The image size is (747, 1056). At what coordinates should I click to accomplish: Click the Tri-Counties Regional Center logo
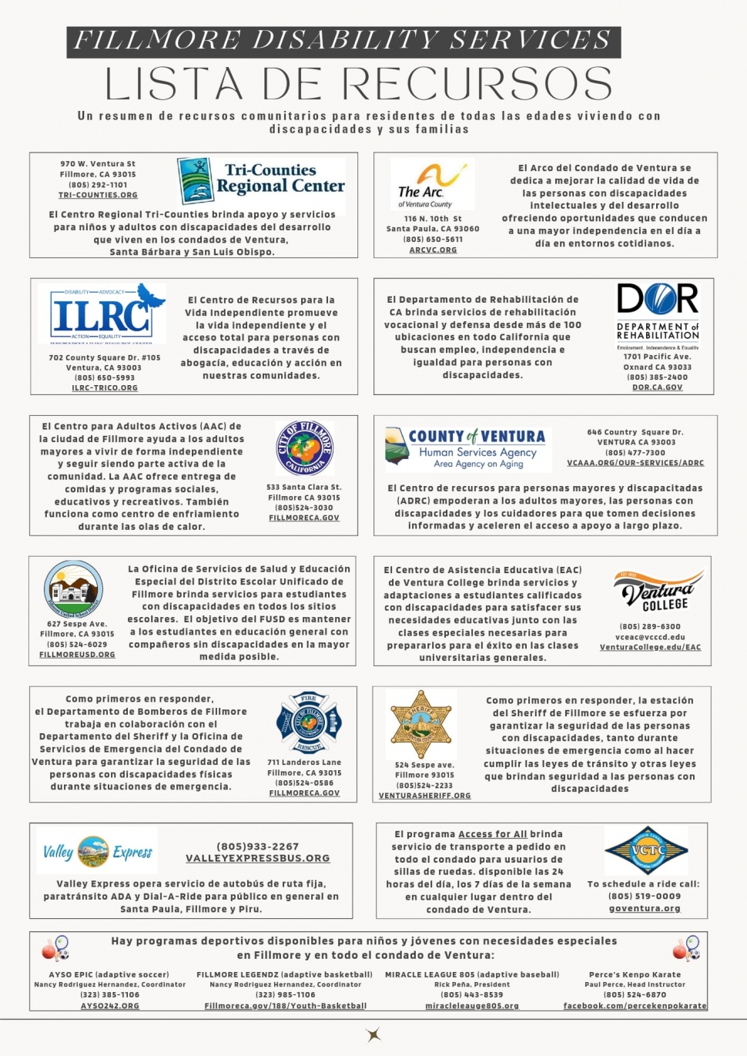point(261,179)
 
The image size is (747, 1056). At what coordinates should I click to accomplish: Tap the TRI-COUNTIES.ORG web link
point(98,196)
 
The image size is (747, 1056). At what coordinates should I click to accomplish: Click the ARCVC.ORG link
point(433,250)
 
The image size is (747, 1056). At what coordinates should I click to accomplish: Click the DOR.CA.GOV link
point(658,388)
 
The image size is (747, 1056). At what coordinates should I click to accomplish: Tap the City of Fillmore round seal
point(304,449)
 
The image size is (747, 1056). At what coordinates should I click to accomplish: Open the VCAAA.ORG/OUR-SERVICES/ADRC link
point(635,463)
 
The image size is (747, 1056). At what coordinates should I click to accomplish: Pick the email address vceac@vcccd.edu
point(650,637)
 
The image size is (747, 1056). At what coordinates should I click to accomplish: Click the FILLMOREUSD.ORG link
point(77,655)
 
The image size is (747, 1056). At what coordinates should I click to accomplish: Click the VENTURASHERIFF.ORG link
point(424,796)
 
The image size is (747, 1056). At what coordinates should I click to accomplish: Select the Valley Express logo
point(98,851)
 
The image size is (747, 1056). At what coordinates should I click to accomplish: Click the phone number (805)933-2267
point(257,846)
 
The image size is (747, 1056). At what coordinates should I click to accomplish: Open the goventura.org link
point(645,909)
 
